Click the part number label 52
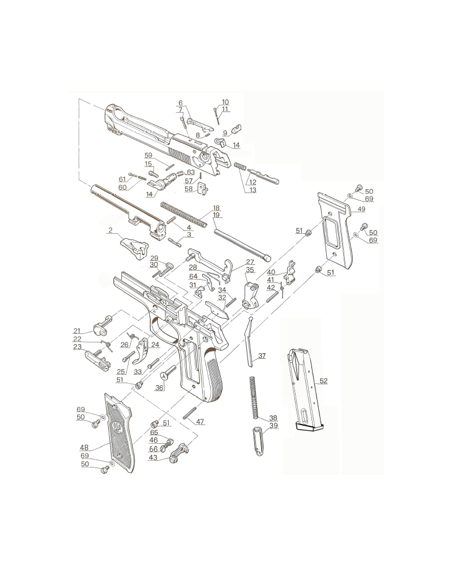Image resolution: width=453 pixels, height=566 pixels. (x=323, y=381)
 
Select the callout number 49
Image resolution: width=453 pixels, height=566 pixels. (x=361, y=209)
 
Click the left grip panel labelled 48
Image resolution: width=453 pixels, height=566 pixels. (x=119, y=432)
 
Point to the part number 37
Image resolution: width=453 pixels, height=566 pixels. (x=262, y=355)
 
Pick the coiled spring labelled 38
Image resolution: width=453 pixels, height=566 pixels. (x=254, y=397)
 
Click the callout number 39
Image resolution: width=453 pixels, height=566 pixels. (x=274, y=426)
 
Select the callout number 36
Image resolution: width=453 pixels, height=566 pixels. (x=159, y=388)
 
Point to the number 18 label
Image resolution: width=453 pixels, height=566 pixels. (x=216, y=208)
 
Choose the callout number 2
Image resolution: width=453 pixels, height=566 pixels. (x=110, y=230)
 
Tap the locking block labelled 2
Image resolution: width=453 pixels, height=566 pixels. (x=134, y=248)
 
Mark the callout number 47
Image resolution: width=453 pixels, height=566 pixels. (x=200, y=422)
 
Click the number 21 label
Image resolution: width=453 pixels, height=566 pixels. (x=77, y=331)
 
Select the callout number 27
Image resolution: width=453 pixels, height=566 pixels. (x=250, y=262)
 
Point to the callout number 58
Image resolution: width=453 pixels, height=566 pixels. (x=189, y=189)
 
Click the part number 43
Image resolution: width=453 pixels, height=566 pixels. (x=153, y=457)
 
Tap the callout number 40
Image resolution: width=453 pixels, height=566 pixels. (x=271, y=272)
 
